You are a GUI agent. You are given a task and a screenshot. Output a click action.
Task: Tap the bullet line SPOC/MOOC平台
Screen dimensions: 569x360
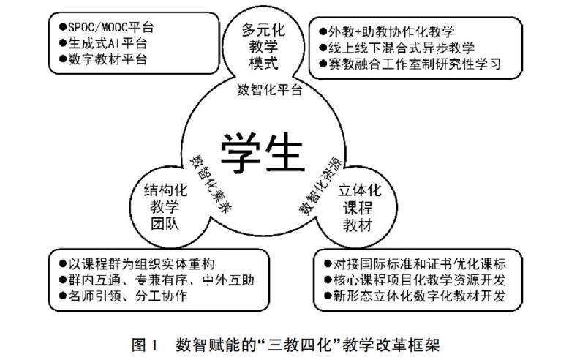click(x=110, y=28)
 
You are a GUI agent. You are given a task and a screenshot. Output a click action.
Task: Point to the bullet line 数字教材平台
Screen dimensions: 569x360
click(x=107, y=59)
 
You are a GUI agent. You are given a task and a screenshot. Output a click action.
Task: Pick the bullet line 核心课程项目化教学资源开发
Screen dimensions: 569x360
click(x=425, y=280)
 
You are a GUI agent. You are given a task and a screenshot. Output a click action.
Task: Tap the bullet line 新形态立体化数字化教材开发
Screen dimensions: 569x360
click(x=425, y=297)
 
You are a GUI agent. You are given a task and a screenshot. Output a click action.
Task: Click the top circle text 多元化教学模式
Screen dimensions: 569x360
click(x=261, y=45)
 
